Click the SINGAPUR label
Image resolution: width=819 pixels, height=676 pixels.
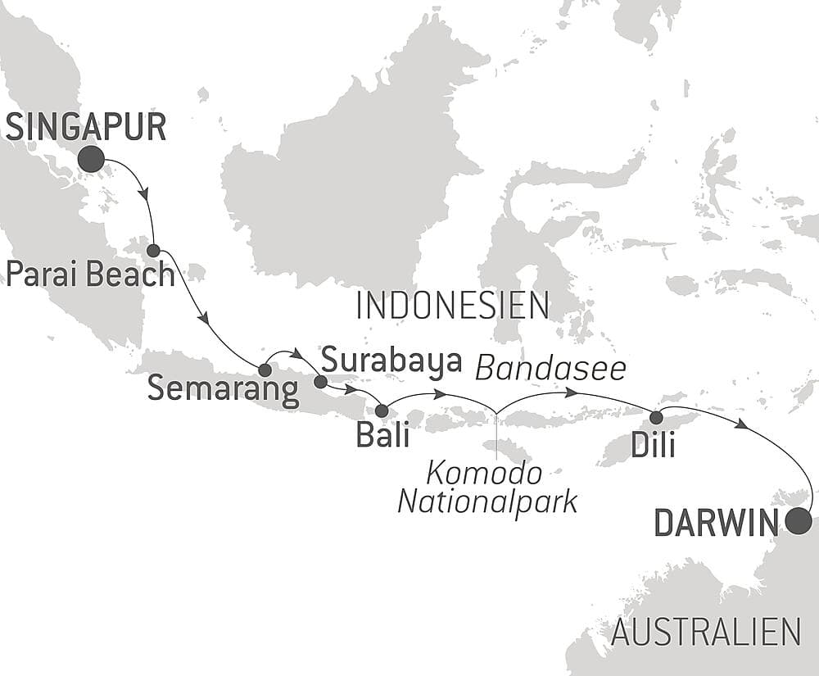pyautogui.click(x=86, y=128)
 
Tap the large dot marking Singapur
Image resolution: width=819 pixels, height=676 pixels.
pyautogui.click(x=92, y=160)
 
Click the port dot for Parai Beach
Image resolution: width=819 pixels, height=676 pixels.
pyautogui.click(x=153, y=250)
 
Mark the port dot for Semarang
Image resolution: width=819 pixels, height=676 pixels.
pyautogui.click(x=265, y=370)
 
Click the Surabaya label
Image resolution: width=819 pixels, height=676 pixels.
pyautogui.click(x=391, y=360)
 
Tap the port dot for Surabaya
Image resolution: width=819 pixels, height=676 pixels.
pyautogui.click(x=320, y=382)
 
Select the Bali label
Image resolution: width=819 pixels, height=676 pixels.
pyautogui.click(x=382, y=434)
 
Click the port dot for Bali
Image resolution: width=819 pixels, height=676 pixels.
pyautogui.click(x=382, y=411)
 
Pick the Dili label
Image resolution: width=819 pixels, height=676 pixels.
pyautogui.click(x=653, y=445)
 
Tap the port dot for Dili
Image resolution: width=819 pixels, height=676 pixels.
pyautogui.click(x=656, y=418)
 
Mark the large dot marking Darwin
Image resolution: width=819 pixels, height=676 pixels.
pyautogui.click(x=798, y=520)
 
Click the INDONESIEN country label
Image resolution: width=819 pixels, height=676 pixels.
pyautogui.click(x=452, y=306)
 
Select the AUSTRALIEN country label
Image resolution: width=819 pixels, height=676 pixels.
pyautogui.click(x=705, y=632)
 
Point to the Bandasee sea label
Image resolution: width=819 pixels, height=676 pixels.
pyautogui.click(x=550, y=370)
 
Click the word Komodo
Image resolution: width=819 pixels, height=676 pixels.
pyautogui.click(x=483, y=473)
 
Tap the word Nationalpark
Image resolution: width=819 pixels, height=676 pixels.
pyautogui.click(x=487, y=501)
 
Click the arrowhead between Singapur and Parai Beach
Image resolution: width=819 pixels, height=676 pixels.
pyautogui.click(x=146, y=195)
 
